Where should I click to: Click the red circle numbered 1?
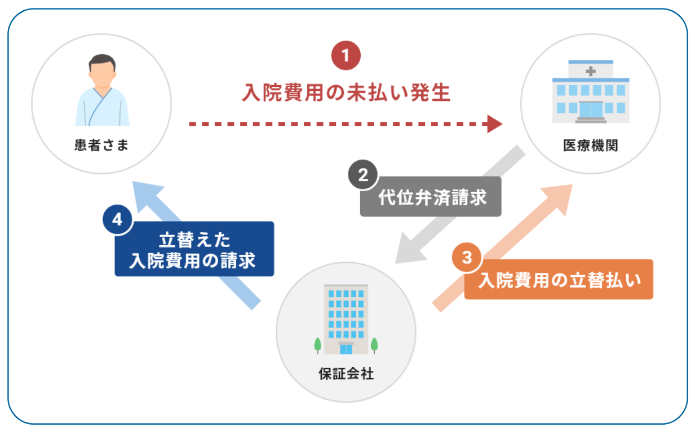point(346,56)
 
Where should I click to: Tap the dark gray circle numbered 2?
point(362,174)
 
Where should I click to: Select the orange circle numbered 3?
point(467,257)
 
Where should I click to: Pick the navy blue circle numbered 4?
point(117,219)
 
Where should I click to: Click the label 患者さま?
point(101,146)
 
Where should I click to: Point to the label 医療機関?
point(590,146)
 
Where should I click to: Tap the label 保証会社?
point(346,374)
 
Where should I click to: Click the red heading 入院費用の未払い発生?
point(346,92)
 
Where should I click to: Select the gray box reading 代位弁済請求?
point(431,196)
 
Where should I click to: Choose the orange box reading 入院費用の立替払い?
point(559,279)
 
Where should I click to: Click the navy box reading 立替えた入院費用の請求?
point(194,249)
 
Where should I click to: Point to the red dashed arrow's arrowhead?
point(494,124)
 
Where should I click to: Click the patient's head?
point(102,70)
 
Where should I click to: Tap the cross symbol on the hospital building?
point(591,72)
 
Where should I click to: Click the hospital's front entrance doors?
point(591,109)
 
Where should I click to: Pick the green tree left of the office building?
point(317,345)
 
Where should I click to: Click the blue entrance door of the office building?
point(346,350)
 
